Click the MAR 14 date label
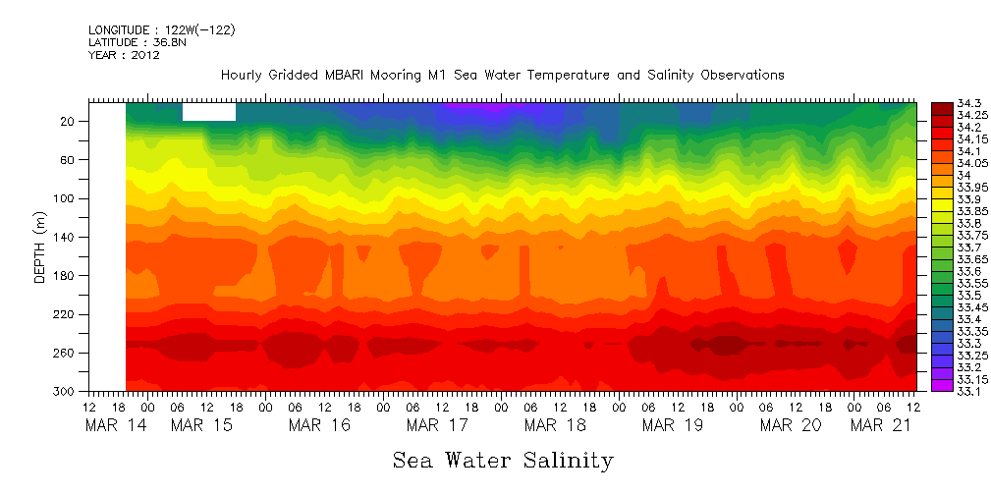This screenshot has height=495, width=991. (x=108, y=425)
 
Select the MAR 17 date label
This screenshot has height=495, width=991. (x=437, y=425)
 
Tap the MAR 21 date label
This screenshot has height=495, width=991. (x=882, y=425)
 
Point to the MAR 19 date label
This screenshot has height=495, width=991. (x=673, y=425)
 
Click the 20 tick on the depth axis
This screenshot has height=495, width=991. (x=69, y=121)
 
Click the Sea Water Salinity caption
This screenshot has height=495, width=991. (x=503, y=461)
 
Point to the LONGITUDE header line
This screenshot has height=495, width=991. (x=161, y=30)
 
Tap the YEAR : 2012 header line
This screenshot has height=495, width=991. (x=124, y=55)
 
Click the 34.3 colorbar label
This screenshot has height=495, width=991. (x=945, y=103)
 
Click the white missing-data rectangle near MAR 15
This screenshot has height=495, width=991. (x=208, y=111)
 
